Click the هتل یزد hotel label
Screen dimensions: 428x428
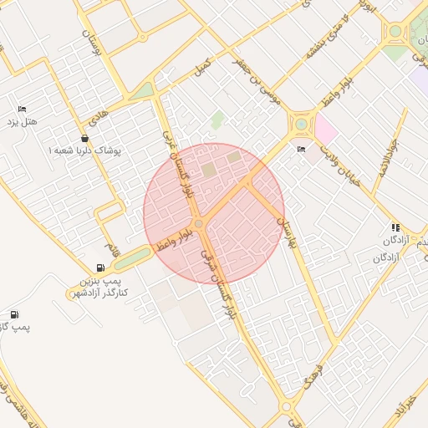(x=23, y=123)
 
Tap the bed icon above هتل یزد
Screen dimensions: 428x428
(x=23, y=110)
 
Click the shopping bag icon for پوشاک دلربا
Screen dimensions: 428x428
(x=84, y=138)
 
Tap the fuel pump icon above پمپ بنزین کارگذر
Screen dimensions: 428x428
(x=101, y=268)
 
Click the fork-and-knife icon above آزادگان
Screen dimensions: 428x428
(x=395, y=227)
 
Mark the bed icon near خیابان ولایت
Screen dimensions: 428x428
(x=301, y=150)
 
